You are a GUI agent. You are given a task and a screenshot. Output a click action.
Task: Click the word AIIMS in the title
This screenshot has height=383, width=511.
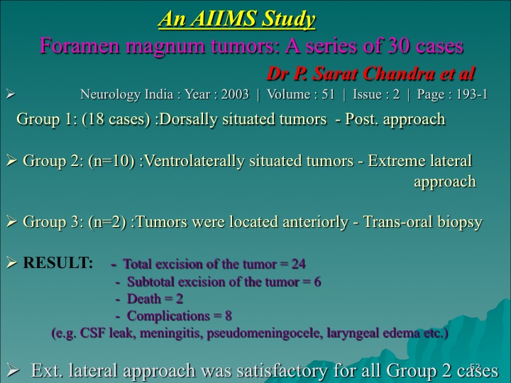pos(224,18)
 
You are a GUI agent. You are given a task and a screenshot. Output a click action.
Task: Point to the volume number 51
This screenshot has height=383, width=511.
pos(328,94)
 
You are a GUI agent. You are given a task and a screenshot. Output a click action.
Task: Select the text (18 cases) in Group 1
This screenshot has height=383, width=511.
pos(116,119)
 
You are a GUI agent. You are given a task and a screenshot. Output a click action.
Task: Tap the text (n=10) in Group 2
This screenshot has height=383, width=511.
pos(111,161)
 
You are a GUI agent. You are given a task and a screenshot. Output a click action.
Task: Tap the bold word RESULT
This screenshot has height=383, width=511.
pos(58,263)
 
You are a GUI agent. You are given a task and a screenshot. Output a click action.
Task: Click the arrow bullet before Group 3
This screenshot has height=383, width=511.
pos(12,222)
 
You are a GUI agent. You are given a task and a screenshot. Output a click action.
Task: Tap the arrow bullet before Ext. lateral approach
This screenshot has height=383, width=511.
pos(13,370)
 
